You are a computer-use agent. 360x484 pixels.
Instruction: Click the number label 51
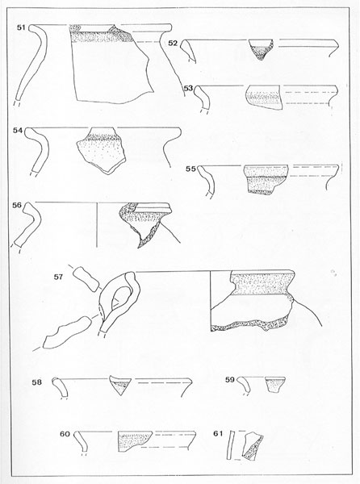point(21,27)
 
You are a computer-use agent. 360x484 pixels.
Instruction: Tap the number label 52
point(173,44)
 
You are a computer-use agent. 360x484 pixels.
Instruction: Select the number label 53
point(188,89)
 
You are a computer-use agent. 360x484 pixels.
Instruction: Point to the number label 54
point(18,131)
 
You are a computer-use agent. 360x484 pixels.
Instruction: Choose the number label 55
point(190,169)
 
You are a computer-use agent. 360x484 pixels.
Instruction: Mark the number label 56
point(17,205)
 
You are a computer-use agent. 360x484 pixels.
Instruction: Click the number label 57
point(58,277)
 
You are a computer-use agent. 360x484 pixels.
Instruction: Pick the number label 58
point(37,382)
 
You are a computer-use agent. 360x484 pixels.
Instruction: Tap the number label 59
point(230,380)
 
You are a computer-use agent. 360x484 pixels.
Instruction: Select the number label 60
point(65,434)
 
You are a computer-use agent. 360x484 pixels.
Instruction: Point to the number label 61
point(218,434)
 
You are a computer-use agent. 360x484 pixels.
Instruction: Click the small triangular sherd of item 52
point(261,49)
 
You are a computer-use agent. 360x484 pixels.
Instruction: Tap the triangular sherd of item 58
point(120,386)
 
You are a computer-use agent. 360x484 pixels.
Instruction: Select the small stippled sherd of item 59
point(274,385)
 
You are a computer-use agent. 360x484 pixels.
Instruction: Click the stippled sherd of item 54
point(101,150)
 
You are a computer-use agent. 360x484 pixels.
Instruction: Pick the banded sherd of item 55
point(266,179)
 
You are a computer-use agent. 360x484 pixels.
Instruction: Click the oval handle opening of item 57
point(121,297)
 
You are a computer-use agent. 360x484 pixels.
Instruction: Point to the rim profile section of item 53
point(203,98)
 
